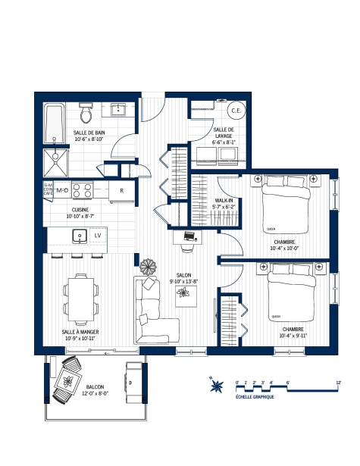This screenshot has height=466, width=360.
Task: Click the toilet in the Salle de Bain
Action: [86, 114]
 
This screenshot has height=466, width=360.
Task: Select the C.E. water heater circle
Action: [235, 111]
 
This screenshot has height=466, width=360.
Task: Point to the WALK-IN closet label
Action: [227, 202]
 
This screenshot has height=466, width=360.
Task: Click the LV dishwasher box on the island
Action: [97, 236]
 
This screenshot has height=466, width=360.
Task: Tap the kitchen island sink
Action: [79, 236]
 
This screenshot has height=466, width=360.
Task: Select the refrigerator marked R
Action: [121, 190]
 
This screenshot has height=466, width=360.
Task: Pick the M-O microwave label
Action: [63, 189]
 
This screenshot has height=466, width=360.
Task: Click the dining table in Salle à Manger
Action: [81, 296]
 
